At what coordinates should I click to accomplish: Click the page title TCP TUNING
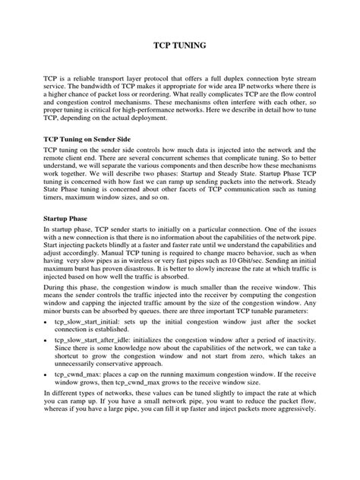coord(180,46)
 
